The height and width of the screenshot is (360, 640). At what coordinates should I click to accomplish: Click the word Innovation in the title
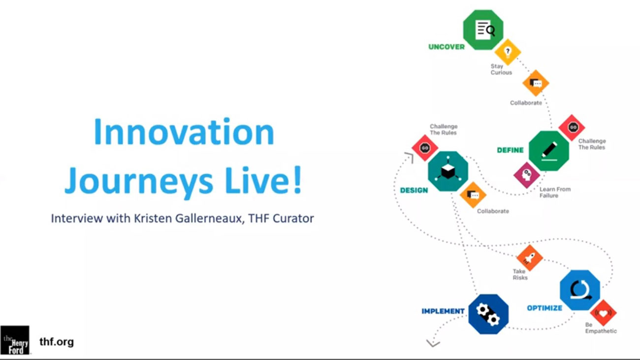click(184, 132)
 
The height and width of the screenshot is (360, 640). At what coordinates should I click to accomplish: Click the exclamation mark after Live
click(297, 180)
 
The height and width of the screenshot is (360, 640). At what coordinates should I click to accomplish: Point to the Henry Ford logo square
click(15, 340)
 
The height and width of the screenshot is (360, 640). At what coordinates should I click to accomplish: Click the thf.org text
click(57, 342)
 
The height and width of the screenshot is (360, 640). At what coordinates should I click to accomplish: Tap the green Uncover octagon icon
click(483, 30)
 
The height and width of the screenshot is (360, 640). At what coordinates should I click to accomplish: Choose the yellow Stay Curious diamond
click(508, 52)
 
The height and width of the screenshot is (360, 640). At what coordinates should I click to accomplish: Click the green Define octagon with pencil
click(549, 151)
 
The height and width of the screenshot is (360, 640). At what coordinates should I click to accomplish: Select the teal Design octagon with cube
click(448, 171)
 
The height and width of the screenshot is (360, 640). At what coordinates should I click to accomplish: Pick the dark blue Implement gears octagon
click(488, 314)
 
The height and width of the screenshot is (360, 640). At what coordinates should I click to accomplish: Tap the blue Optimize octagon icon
click(580, 290)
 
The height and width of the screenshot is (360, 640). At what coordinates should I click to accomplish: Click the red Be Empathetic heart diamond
click(604, 313)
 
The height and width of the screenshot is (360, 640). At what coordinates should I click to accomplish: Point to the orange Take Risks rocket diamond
click(530, 258)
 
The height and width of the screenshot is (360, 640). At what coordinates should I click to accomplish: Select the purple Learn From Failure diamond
click(527, 175)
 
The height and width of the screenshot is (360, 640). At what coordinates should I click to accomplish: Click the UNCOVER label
click(447, 47)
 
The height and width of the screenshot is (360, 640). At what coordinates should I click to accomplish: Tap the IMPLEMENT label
click(443, 311)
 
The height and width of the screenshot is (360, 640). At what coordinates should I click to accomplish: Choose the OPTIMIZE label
click(544, 308)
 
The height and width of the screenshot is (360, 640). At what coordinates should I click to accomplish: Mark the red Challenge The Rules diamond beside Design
click(425, 148)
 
